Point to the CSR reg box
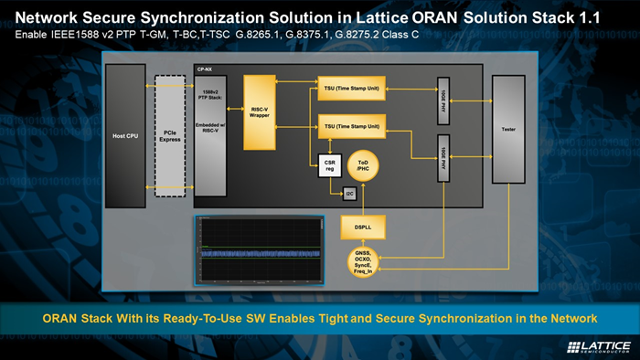(330, 162)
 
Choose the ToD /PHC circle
(363, 163)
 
